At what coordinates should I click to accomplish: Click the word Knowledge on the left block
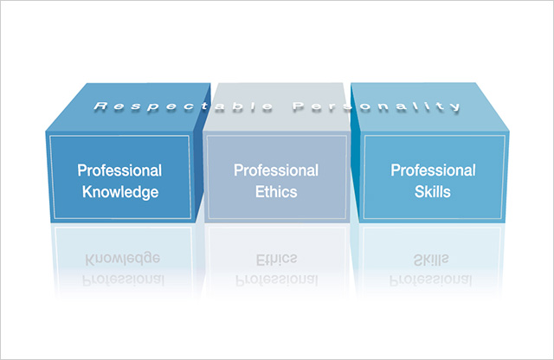coord(120,192)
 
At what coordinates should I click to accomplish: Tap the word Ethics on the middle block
coord(276,192)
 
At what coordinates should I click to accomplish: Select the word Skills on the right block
coord(433,192)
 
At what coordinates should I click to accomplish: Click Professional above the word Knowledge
coord(119,170)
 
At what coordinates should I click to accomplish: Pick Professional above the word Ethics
coord(276,170)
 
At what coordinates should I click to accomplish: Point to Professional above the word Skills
coord(433,170)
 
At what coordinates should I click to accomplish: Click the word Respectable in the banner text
coord(184,106)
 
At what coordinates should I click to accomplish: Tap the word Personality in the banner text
coord(377,106)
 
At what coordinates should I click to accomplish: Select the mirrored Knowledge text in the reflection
coord(123,259)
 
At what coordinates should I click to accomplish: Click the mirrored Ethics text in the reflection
coord(276,260)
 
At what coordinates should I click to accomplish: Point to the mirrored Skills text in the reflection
coord(431,260)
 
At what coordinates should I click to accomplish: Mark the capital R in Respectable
coord(100,106)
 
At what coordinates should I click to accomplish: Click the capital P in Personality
coord(299,106)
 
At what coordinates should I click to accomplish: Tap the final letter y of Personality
coord(455,107)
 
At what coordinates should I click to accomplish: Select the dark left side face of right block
coord(356,156)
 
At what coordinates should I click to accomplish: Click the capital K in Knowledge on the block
coord(87,191)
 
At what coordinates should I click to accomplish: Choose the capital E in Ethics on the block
coord(260,192)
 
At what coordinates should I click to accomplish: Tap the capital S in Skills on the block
coord(419,192)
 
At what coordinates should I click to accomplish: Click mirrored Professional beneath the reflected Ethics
coord(277,280)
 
